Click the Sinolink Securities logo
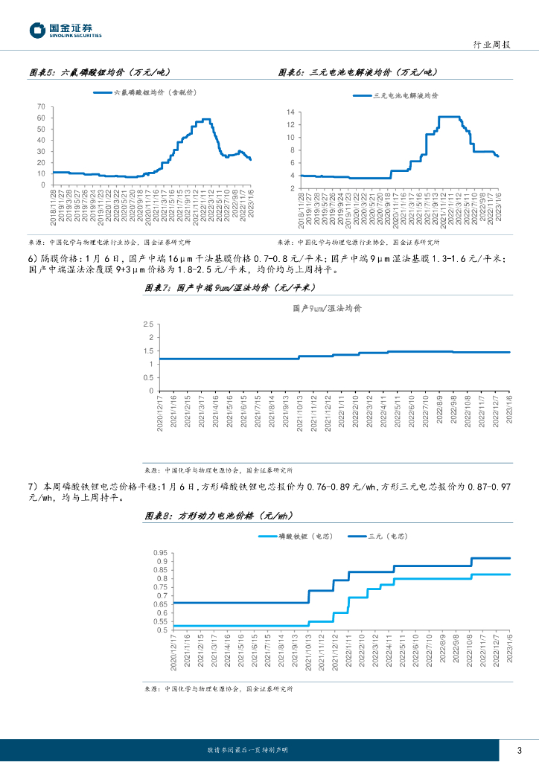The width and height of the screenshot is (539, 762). point(66,31)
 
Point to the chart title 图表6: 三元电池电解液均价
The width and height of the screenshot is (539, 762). point(355,72)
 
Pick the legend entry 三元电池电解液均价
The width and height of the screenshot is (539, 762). point(405,96)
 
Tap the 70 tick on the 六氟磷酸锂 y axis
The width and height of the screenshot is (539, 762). point(41,106)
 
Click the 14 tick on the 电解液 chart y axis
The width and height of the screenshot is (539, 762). point(291,112)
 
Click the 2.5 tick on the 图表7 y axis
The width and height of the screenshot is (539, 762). point(147,324)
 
